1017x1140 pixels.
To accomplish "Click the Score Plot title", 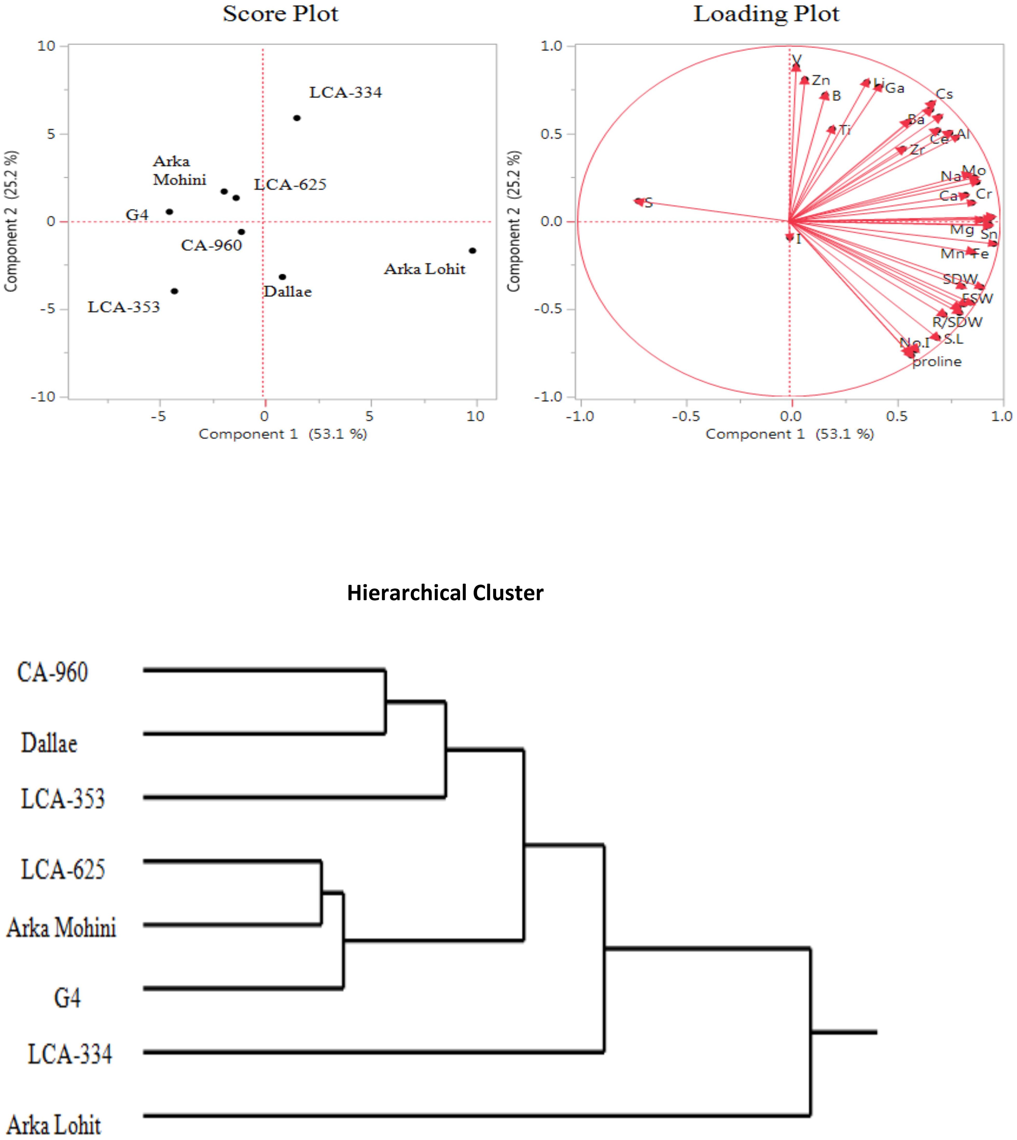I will point(281,14).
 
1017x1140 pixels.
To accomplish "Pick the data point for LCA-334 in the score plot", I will point(297,118).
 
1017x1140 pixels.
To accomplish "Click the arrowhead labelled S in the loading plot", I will point(639,201).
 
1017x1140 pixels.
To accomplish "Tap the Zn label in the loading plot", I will point(821,80).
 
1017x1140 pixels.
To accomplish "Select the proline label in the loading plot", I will point(937,362).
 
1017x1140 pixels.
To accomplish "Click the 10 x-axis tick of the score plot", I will point(475,416).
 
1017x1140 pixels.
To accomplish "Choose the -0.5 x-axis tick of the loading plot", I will point(686,416).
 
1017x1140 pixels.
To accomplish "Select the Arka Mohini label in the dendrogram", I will point(61,928).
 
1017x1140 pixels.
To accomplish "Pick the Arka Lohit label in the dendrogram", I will point(54,1125).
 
